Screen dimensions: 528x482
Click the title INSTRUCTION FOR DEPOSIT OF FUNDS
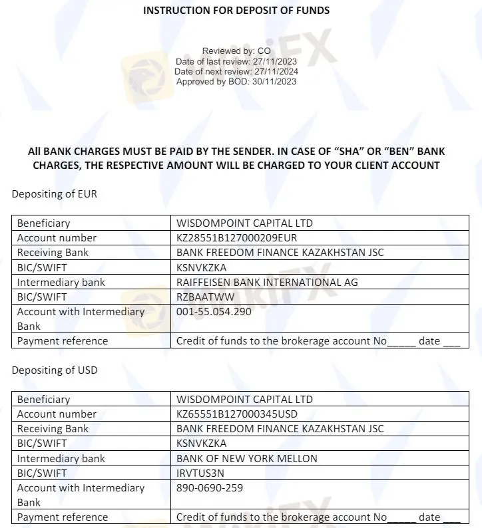click(236, 10)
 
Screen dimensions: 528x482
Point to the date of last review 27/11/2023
click(274, 62)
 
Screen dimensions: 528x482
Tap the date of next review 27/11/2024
click(274, 72)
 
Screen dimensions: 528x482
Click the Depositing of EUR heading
click(54, 194)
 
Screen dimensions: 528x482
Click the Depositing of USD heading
click(54, 370)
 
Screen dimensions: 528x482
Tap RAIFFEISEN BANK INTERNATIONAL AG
click(267, 282)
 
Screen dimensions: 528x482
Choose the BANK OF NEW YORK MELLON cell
click(247, 458)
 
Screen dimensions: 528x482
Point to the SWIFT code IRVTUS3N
click(200, 473)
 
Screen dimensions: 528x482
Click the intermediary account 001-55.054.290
click(214, 311)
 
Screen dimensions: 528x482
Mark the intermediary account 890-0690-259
click(210, 487)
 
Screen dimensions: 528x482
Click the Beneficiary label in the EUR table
click(43, 223)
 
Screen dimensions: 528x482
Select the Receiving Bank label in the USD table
click(53, 428)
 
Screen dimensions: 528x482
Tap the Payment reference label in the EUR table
click(62, 340)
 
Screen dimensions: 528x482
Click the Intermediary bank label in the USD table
click(61, 458)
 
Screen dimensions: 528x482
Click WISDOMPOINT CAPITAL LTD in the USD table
click(244, 399)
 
